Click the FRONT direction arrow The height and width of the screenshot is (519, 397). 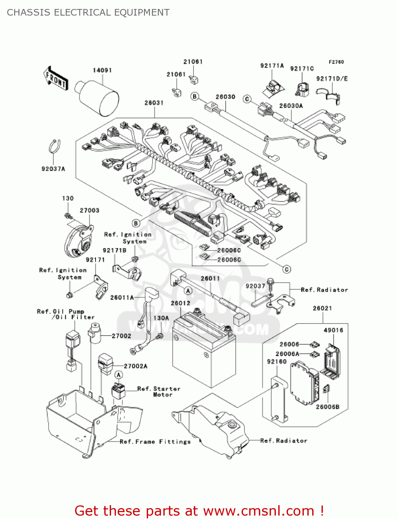pyautogui.click(x=55, y=78)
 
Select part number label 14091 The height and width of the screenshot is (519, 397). pyautogui.click(x=102, y=70)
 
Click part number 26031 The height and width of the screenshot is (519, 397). pyautogui.click(x=154, y=103)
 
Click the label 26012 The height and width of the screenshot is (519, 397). pyautogui.click(x=180, y=303)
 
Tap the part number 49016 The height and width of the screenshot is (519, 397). pyautogui.click(x=333, y=330)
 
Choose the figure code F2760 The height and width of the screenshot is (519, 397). pyautogui.click(x=336, y=62)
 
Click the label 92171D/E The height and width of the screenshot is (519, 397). pyautogui.click(x=332, y=79)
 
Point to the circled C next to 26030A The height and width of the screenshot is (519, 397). pyautogui.click(x=247, y=99)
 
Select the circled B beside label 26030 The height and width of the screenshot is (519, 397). pyautogui.click(x=195, y=96)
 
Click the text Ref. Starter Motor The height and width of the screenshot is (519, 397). pyautogui.click(x=159, y=392)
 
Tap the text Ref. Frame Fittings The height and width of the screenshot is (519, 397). pyautogui.click(x=155, y=442)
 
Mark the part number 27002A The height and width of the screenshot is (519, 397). pyautogui.click(x=135, y=366)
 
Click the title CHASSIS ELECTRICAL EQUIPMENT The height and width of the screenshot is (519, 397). pyautogui.click(x=88, y=12)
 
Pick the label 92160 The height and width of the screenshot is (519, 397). pyautogui.click(x=277, y=362)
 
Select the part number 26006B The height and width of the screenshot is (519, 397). pyautogui.click(x=327, y=407)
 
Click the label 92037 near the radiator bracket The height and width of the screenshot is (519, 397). pyautogui.click(x=255, y=286)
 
